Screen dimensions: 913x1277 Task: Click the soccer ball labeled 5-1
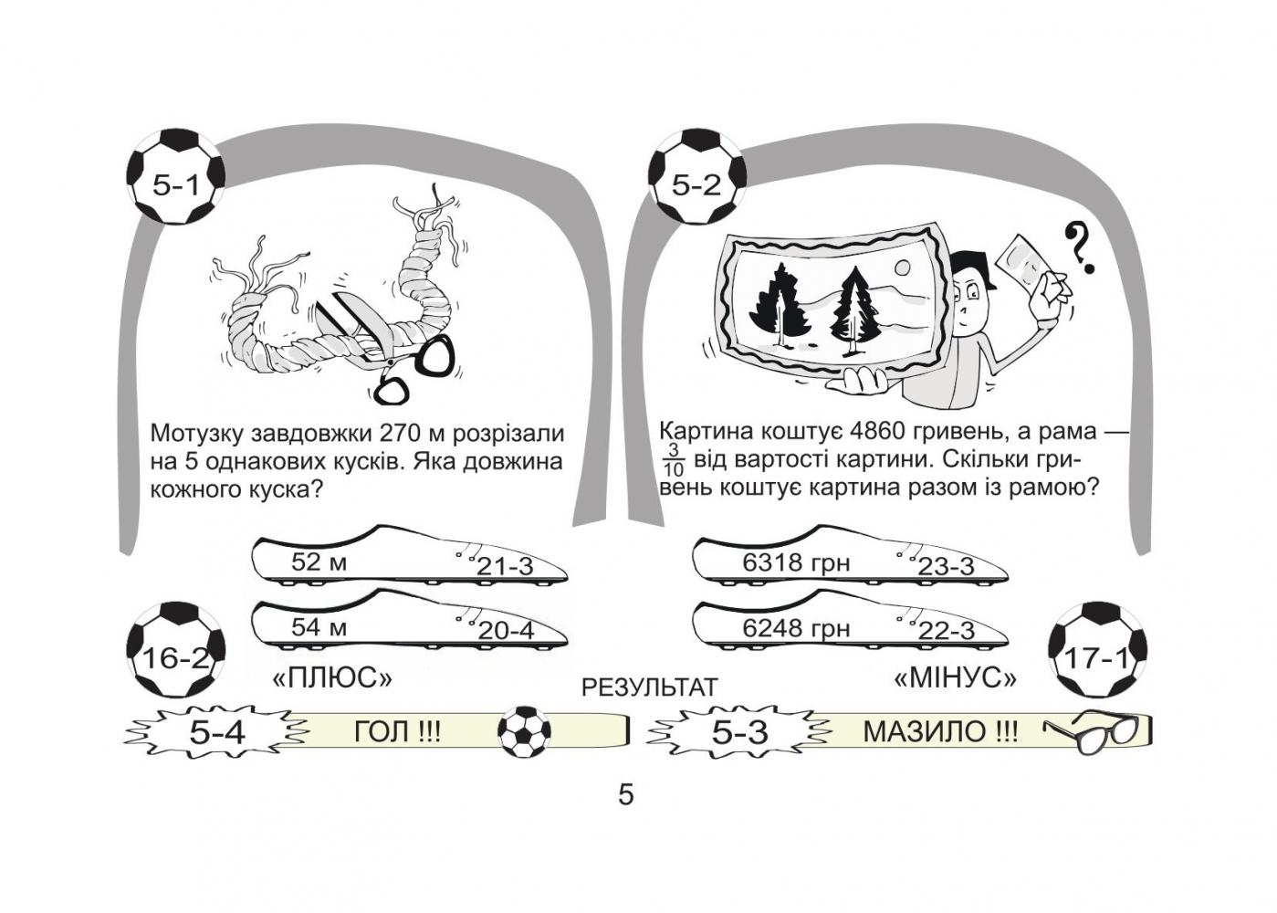pos(174,177)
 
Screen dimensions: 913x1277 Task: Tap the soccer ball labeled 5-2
pos(696,177)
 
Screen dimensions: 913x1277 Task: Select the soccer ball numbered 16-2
pos(175,650)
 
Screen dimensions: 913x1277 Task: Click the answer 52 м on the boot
pos(319,561)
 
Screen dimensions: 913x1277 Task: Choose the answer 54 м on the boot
pos(319,627)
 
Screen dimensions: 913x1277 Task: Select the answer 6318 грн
pos(795,563)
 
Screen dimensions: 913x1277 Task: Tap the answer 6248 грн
pos(795,628)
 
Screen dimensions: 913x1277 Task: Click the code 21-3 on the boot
pos(505,567)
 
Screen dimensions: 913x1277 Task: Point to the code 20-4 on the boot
pos(505,631)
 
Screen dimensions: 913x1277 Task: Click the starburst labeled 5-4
pos(216,731)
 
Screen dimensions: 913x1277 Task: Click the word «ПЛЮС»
pos(332,678)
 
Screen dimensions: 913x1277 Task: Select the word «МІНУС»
pos(956,678)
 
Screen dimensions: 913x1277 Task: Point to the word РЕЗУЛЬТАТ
pos(649,687)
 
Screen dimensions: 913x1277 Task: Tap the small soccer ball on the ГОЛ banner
pos(524,730)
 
